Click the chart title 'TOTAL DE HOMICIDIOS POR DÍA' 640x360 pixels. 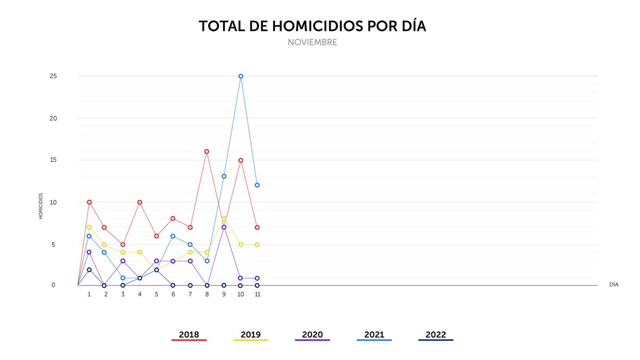coord(313,26)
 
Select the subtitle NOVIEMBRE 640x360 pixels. coord(313,42)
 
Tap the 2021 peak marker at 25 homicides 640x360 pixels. coord(241,76)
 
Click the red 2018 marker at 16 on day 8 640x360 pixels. coord(207,151)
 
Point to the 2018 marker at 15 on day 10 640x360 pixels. coord(241,160)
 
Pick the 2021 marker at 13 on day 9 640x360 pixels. coord(224,176)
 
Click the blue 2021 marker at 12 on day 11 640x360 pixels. coord(257,185)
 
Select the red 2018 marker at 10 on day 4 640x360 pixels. coord(140,202)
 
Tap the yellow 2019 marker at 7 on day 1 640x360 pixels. coord(89,227)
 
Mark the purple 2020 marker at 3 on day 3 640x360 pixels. coord(123,261)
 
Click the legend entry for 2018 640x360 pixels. coord(189,335)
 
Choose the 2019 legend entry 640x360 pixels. coord(251,335)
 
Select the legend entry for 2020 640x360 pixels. coord(313,335)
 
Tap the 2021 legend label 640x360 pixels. coord(374,335)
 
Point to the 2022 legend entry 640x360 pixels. coord(436,335)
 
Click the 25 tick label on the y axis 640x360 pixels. coord(53,76)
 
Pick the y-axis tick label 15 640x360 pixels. coord(53,160)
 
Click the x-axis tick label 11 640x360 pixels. coord(257,294)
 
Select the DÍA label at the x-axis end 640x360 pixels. coord(614,285)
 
